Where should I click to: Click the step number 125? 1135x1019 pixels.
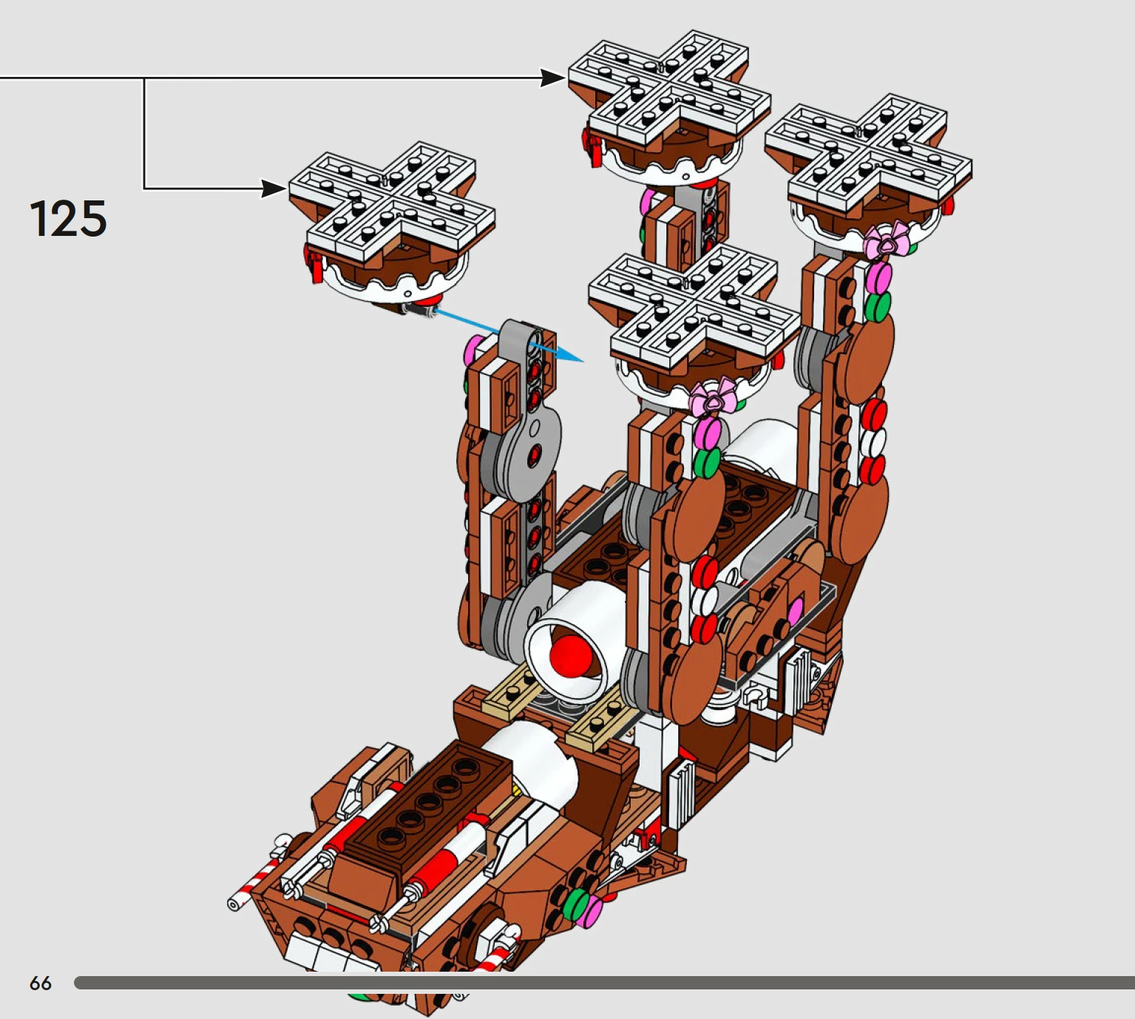68,218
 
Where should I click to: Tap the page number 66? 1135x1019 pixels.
41,983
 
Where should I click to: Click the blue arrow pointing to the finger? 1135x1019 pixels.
507,334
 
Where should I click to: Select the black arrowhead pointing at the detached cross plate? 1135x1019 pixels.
274,189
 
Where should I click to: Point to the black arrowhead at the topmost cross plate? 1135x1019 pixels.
554,78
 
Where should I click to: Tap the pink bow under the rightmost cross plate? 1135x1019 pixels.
887,241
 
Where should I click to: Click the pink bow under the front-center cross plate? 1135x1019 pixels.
713,397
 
